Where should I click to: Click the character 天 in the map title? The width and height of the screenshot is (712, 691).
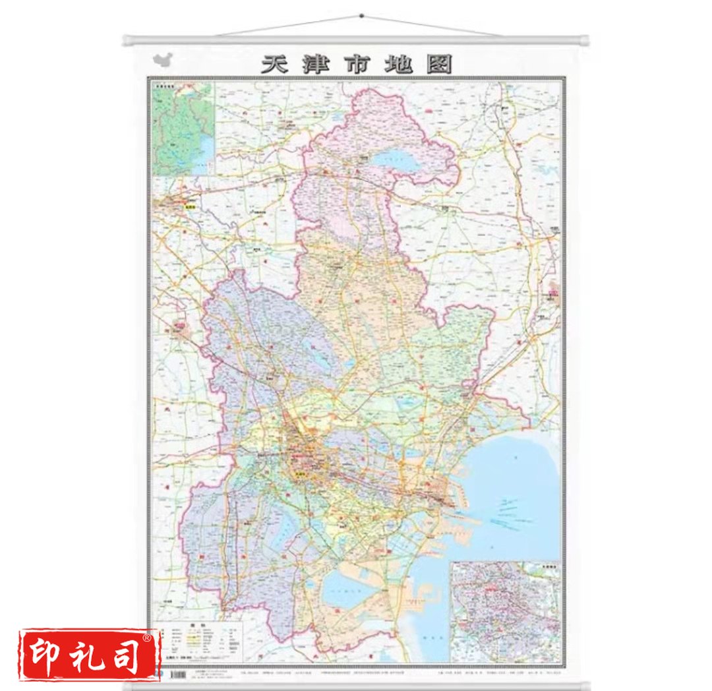click(276, 65)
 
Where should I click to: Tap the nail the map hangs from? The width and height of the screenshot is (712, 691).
click(361, 15)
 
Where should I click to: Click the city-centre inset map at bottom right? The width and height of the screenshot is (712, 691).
click(506, 611)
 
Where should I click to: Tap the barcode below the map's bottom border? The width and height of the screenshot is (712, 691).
click(178, 676)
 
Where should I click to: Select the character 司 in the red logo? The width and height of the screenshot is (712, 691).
click(129, 655)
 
